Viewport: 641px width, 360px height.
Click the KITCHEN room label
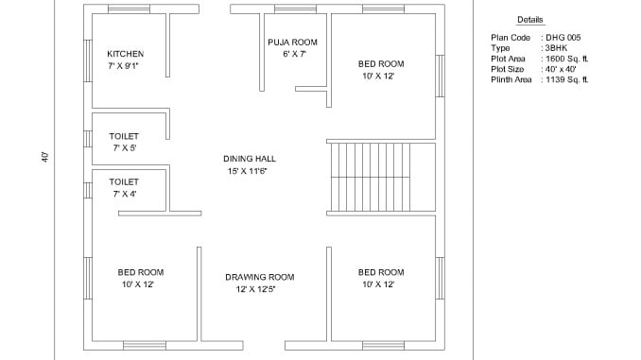coord(126,54)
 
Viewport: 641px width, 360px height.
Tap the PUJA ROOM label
coord(293,43)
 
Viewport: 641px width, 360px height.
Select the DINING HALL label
coord(250,159)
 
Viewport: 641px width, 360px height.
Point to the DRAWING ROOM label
coord(260,277)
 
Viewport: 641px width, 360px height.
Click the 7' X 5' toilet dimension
coord(125,148)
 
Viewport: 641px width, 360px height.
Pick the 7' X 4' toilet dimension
coord(125,194)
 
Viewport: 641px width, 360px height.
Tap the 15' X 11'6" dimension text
coord(248,171)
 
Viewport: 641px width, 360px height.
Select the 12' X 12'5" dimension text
coord(255,289)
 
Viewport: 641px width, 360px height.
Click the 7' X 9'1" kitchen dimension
coord(124,66)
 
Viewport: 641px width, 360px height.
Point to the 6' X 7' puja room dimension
coord(294,54)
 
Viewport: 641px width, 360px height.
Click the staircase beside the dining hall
coord(370,177)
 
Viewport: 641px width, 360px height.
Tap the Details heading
coord(530,20)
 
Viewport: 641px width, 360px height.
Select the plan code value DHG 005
coord(563,38)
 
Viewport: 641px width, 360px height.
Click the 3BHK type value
coord(556,48)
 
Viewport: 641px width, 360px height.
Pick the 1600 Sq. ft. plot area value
coord(567,59)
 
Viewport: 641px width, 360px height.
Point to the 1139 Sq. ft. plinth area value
coord(567,79)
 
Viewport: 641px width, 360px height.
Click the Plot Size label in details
coord(508,69)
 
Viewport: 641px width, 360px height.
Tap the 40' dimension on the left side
coord(45,157)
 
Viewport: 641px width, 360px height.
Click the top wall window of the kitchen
coord(129,9)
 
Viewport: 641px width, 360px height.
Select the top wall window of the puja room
coord(295,9)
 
